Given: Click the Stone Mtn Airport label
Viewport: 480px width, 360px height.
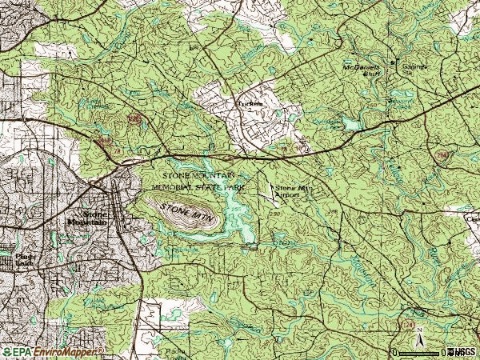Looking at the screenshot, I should click(x=291, y=191).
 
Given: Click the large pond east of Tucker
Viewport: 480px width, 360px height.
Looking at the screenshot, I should click(x=352, y=125).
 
